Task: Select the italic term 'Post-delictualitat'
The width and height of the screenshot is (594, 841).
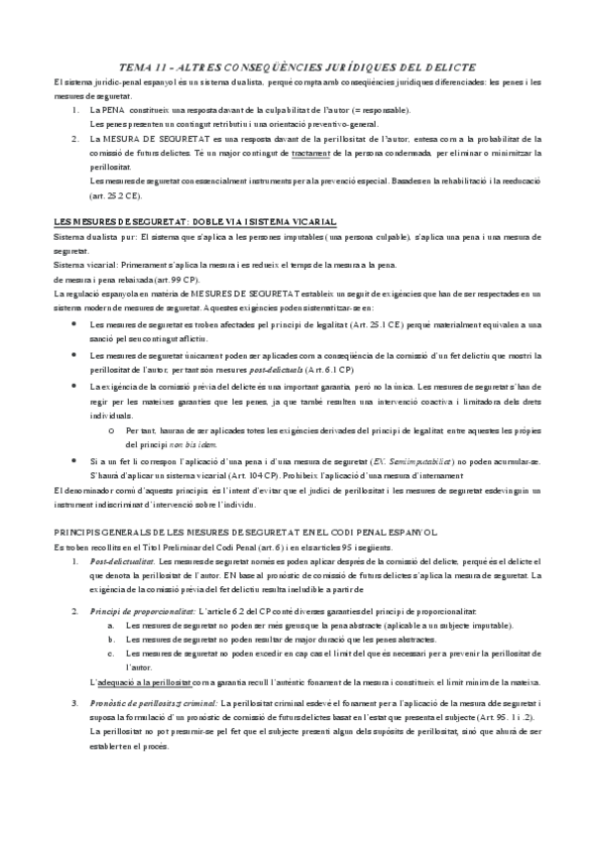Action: pos(122,561)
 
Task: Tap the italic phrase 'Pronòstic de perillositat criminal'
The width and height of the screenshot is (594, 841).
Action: pos(153,703)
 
